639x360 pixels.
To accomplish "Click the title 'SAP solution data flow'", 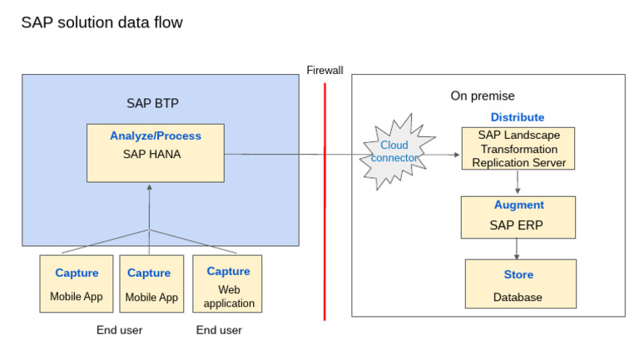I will [102, 22].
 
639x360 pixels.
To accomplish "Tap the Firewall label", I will [324, 71].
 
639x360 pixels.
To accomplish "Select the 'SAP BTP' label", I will [152, 103].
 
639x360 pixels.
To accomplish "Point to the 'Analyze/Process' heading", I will [156, 136].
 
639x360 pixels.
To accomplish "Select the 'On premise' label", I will [483, 96].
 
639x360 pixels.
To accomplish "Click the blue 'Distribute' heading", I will [517, 117].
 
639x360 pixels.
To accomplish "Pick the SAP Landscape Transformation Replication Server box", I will [518, 149].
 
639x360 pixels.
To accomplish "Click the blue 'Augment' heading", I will [518, 205].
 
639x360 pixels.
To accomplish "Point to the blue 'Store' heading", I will [518, 274].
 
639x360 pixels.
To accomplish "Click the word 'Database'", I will [518, 297].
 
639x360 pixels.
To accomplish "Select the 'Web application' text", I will [229, 296].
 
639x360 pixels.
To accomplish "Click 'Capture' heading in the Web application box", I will [228, 271].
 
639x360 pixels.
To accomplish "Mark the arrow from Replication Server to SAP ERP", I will [518, 182].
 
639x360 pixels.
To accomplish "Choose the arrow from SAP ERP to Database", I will [518, 249].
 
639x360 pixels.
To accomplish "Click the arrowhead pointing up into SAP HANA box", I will [150, 188].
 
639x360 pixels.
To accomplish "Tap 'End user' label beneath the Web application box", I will [219, 330].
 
